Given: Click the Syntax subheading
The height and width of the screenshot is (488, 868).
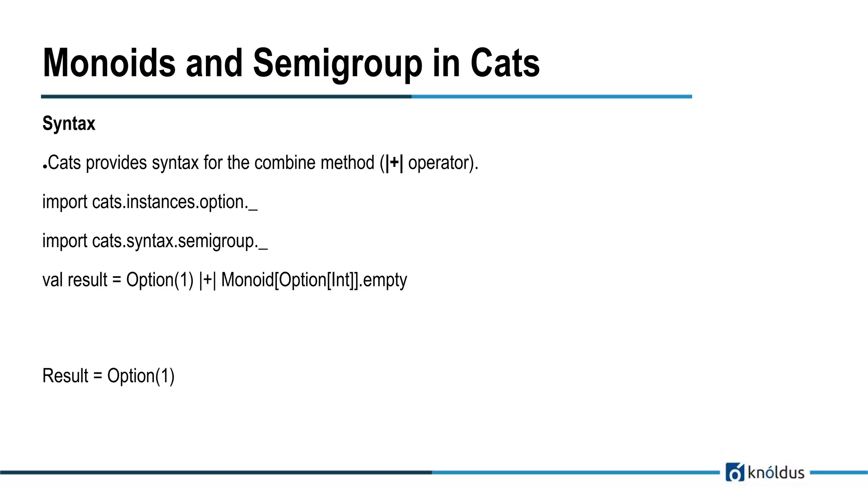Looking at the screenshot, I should (69, 124).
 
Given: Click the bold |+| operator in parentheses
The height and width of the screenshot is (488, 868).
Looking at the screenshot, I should (394, 163).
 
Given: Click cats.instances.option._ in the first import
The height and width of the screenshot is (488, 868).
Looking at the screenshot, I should (175, 202).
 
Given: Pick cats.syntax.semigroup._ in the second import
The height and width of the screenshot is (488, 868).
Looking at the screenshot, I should (180, 241).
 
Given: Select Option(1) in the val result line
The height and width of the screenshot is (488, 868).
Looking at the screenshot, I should (160, 280).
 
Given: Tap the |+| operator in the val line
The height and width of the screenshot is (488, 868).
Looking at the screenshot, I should (207, 280).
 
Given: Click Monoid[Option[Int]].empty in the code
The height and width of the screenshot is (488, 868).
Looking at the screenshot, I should (314, 280).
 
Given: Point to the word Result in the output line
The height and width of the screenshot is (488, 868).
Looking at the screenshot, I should (65, 376).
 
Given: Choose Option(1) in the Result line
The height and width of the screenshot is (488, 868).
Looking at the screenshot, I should (141, 376).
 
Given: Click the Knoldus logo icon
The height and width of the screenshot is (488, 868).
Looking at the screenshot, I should (734, 472).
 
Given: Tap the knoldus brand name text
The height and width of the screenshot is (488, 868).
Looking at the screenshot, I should (776, 472).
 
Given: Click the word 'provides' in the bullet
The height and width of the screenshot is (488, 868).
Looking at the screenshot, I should (116, 163).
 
